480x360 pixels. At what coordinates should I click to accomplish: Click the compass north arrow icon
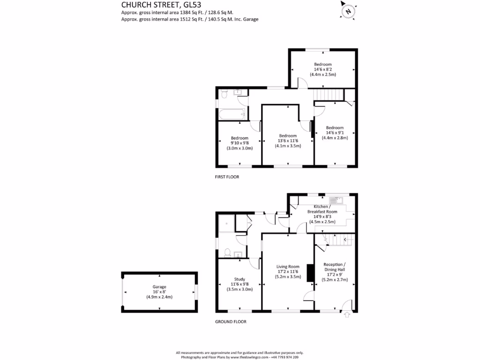pos(347,10)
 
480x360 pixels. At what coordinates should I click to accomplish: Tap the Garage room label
pos(159,292)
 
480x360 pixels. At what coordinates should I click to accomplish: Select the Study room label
pos(240,284)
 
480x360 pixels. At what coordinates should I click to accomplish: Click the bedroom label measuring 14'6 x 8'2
pos(322,69)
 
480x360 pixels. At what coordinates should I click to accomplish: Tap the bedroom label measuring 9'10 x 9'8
pos(240,143)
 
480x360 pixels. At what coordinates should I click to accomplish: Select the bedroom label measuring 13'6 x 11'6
pos(288,141)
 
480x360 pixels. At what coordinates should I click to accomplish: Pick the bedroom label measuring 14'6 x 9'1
pos(335,133)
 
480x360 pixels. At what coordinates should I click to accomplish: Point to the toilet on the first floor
pos(224,94)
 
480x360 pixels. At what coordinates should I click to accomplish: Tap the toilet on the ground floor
pos(226,253)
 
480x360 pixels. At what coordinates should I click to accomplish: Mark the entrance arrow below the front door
pos(347,315)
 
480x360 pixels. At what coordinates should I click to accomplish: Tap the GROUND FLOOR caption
pos(231,322)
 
